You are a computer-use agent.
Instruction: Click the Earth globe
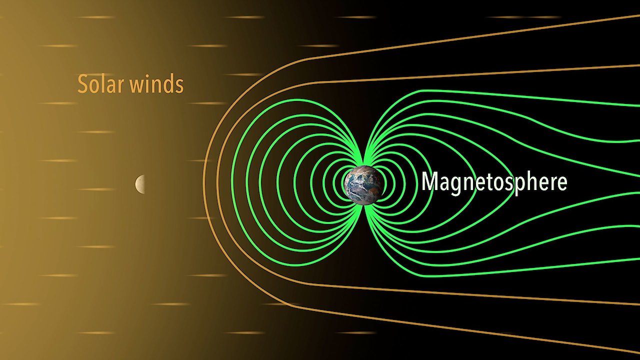(x=363, y=185)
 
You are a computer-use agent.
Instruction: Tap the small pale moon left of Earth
(x=140, y=184)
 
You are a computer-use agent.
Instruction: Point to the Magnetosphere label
(x=494, y=183)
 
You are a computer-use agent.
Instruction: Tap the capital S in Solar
(x=82, y=84)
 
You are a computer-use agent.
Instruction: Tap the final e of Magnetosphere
(x=561, y=183)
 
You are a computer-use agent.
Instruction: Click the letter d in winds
(x=167, y=83)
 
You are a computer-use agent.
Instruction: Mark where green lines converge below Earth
(x=363, y=207)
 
